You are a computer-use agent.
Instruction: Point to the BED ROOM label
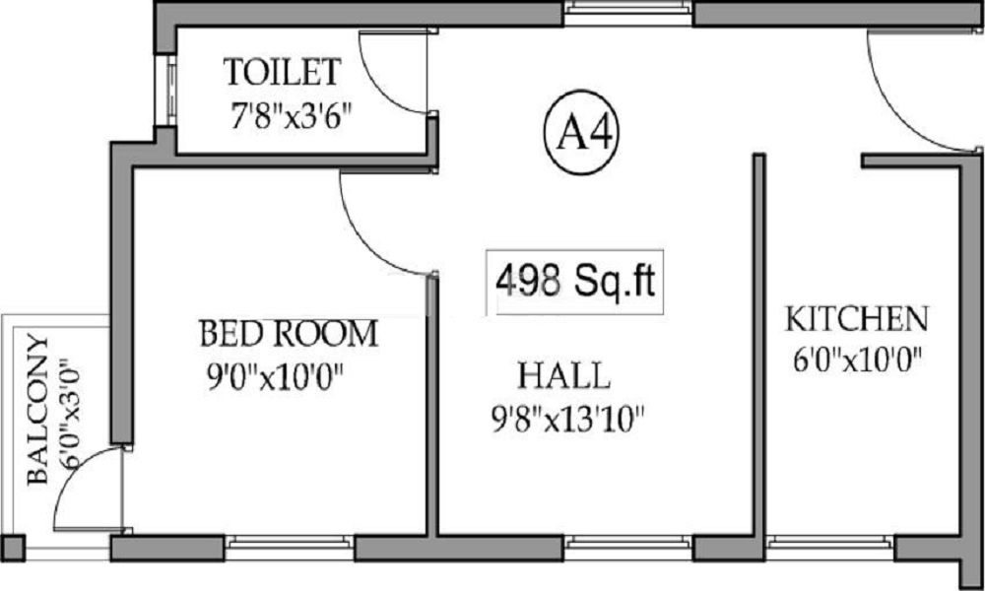tap(288, 334)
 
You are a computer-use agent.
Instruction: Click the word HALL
tap(564, 375)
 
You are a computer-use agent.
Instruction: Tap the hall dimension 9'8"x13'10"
tap(566, 421)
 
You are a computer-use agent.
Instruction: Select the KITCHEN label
tap(856, 319)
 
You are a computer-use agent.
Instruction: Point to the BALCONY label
tap(36, 409)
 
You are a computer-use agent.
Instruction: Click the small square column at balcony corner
tap(12, 548)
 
